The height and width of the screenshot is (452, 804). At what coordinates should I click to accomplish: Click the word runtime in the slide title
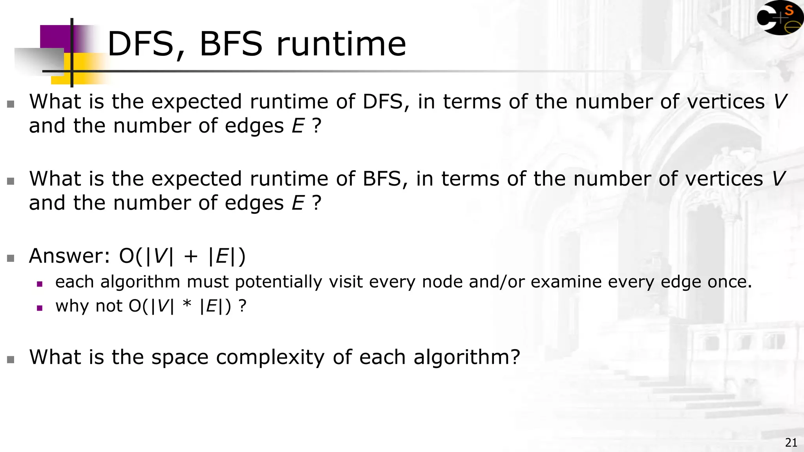(341, 44)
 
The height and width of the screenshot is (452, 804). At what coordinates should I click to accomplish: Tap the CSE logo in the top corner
(779, 18)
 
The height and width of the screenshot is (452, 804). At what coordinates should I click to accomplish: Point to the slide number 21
(791, 443)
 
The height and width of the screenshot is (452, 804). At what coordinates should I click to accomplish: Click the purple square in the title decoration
(55, 38)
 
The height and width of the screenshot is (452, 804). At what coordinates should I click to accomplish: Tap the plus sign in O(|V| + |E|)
(191, 257)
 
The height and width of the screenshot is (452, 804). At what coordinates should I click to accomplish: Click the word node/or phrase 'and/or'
(497, 282)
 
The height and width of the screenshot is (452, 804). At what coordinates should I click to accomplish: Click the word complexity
(270, 357)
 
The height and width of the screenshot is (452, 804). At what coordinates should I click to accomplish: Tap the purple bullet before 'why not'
(39, 308)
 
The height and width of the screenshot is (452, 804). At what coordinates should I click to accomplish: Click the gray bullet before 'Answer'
(11, 258)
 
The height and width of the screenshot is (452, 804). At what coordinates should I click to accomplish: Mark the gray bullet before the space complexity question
(11, 359)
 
